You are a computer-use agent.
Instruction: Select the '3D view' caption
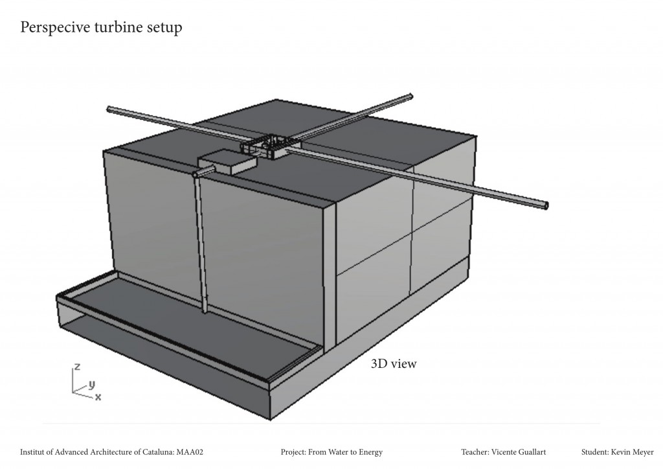click(x=394, y=363)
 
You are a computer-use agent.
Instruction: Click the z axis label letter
click(x=77, y=367)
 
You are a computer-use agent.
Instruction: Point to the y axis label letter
click(x=91, y=383)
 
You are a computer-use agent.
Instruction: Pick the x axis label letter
click(x=98, y=396)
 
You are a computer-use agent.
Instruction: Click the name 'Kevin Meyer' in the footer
click(x=632, y=452)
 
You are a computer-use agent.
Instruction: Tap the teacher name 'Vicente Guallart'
click(x=522, y=452)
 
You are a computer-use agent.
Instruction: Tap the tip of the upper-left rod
click(x=109, y=109)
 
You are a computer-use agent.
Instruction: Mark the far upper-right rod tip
click(x=410, y=97)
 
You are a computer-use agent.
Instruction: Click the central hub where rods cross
click(x=271, y=145)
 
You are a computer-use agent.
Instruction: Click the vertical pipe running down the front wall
click(x=201, y=246)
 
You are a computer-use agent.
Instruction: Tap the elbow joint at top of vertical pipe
click(x=196, y=174)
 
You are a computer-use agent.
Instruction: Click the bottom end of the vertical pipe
click(x=205, y=312)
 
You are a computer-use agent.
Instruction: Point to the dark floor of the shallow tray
click(x=194, y=330)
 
